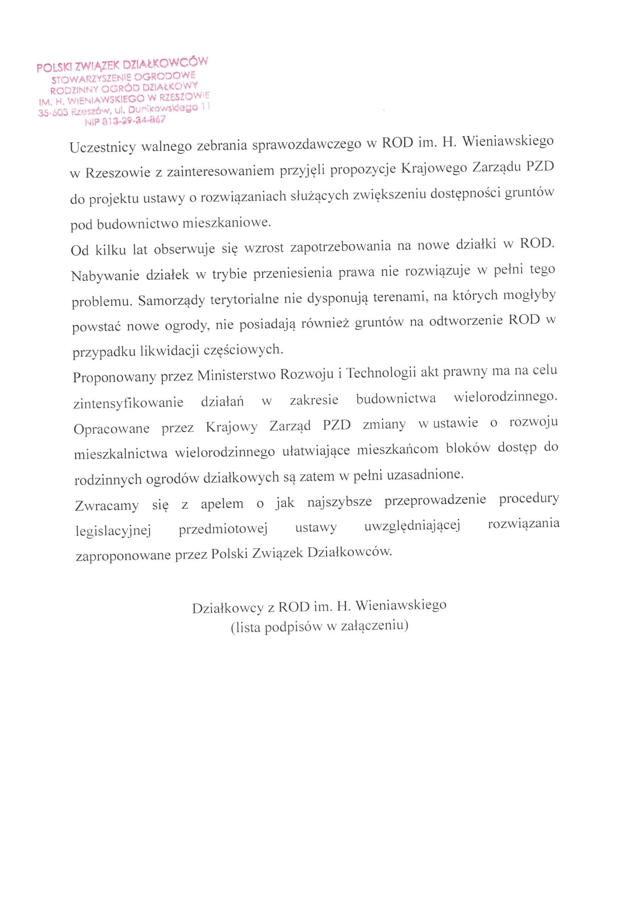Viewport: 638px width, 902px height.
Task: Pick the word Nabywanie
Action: (x=104, y=275)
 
